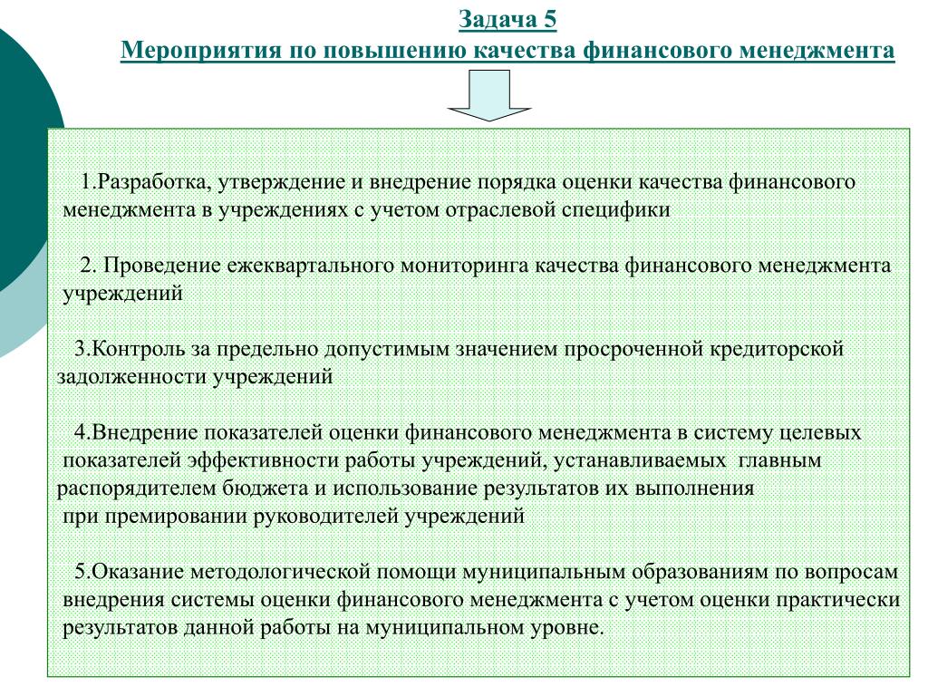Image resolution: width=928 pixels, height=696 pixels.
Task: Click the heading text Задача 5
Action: coord(507,20)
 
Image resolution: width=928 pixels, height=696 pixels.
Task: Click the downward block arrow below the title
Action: coord(489,95)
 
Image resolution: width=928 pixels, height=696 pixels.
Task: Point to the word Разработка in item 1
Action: coord(152,181)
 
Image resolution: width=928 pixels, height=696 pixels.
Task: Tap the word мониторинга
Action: coord(465,266)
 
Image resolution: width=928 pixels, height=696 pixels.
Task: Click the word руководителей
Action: coord(326,517)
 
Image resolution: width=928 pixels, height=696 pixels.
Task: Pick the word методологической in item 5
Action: coord(282,573)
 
